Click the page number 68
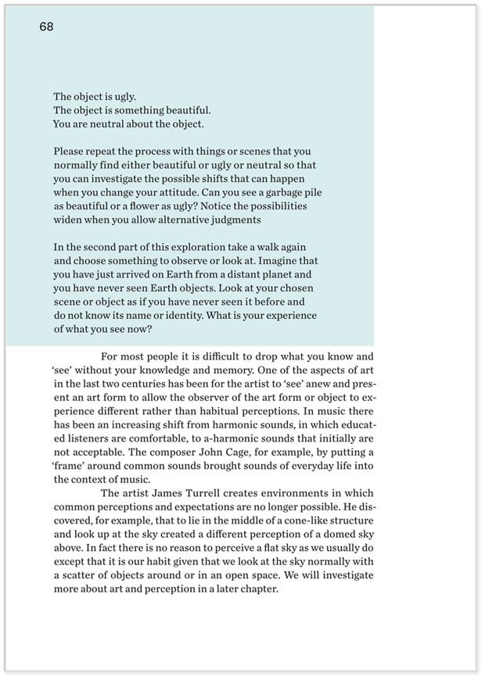point(46,27)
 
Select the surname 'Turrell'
point(207,494)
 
